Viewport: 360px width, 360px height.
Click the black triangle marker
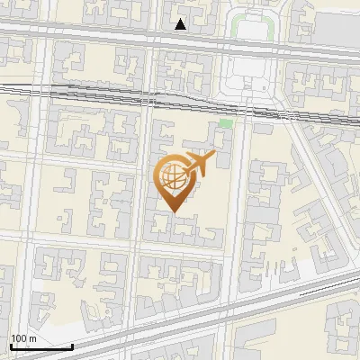tap(181, 24)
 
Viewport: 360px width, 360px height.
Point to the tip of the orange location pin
tap(174, 212)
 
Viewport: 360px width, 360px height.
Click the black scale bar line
tap(40, 346)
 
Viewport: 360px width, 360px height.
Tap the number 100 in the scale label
tap(20, 338)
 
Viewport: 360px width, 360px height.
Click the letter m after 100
tap(33, 338)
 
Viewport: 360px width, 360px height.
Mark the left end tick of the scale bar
tap(10, 345)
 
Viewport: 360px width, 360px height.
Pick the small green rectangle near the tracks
tap(225, 122)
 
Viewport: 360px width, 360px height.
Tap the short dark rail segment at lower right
tap(337, 282)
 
